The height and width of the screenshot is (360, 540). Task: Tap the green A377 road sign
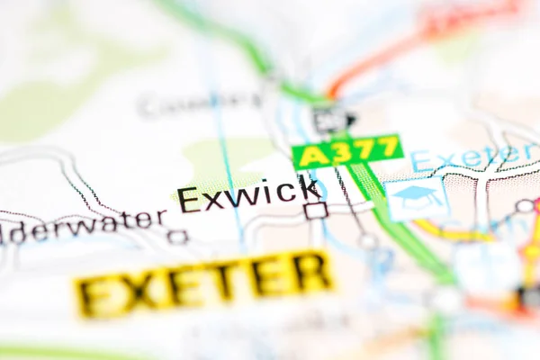click(x=347, y=152)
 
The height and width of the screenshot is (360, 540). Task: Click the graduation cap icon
click(x=417, y=196)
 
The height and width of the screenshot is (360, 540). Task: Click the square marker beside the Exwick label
click(x=315, y=211)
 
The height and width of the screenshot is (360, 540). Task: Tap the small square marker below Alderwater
click(x=177, y=238)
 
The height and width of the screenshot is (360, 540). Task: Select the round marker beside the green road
click(x=368, y=240)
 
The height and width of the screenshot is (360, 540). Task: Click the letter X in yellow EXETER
click(x=143, y=290)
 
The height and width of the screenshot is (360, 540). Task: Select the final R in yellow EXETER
click(x=310, y=272)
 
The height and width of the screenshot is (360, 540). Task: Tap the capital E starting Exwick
click(x=188, y=200)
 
